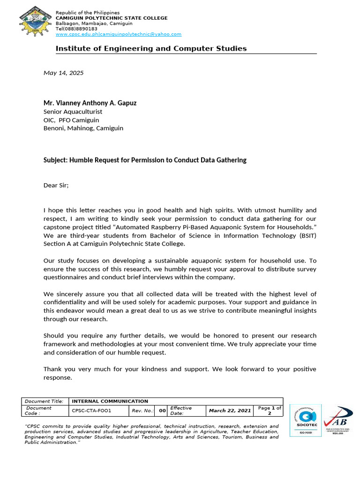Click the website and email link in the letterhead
pyautogui.click(x=119, y=34)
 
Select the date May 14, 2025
pyautogui.click(x=63, y=73)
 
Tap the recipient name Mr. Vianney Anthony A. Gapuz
pyautogui.click(x=90, y=103)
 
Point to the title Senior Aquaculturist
pyautogui.click(x=73, y=112)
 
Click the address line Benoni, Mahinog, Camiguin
pyautogui.click(x=83, y=128)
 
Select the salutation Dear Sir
pyautogui.click(x=56, y=185)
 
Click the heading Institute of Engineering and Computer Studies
pyautogui.click(x=151, y=49)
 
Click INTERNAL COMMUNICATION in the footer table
pyautogui.click(x=110, y=401)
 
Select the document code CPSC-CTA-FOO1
pyautogui.click(x=91, y=411)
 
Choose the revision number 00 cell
pyautogui.click(x=162, y=411)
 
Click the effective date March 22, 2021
pyautogui.click(x=230, y=411)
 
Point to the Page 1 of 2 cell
pyautogui.click(x=269, y=411)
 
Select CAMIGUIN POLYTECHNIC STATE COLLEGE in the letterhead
pyautogui.click(x=112, y=18)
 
